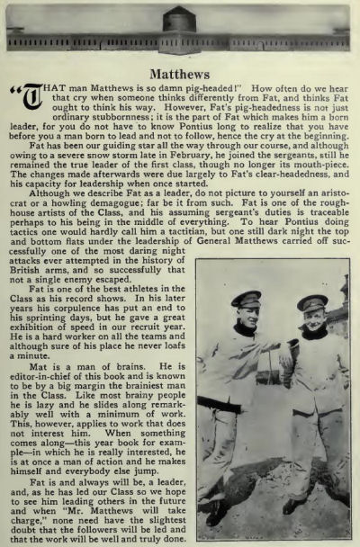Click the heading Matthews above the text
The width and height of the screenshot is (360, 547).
[x=180, y=72]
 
